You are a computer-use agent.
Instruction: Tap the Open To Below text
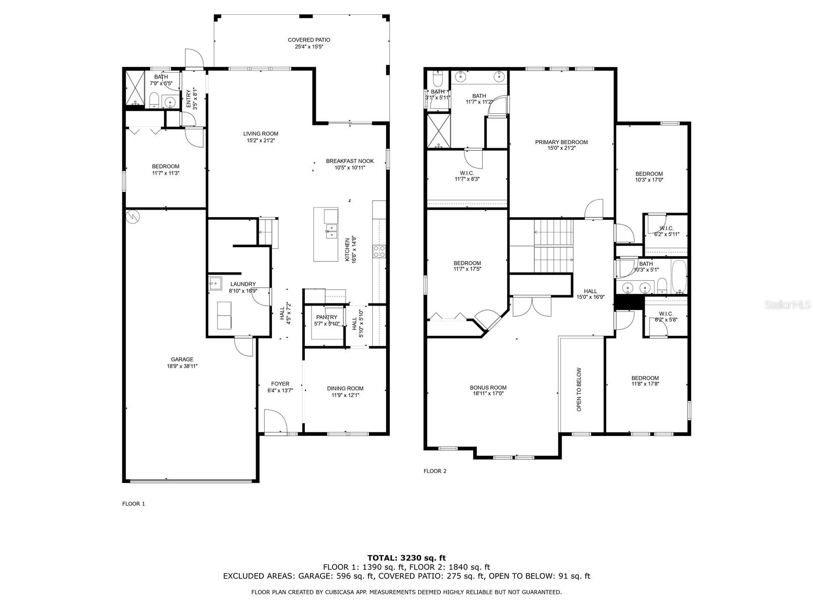point(579,389)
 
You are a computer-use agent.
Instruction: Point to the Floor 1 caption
point(133,503)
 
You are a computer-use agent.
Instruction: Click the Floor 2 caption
point(435,471)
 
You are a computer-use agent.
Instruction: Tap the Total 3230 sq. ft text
point(407,558)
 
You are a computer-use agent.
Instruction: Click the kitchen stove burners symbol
point(379,251)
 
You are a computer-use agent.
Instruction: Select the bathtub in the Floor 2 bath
point(678,276)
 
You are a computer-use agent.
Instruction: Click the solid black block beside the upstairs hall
point(628,302)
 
